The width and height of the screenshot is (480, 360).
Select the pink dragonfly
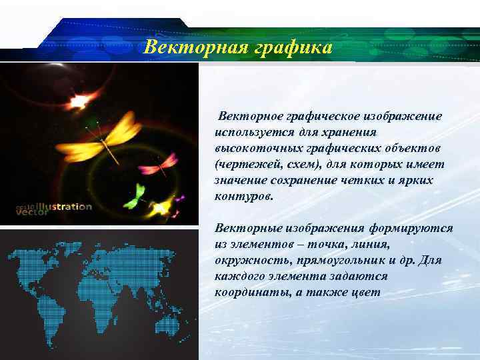(x=160, y=164)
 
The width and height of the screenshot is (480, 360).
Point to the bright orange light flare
(x=79, y=101)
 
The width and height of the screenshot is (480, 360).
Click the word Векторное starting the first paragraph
(x=253, y=116)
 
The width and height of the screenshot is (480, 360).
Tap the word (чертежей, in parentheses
(x=244, y=164)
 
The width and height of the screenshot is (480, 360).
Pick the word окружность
(x=253, y=260)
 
